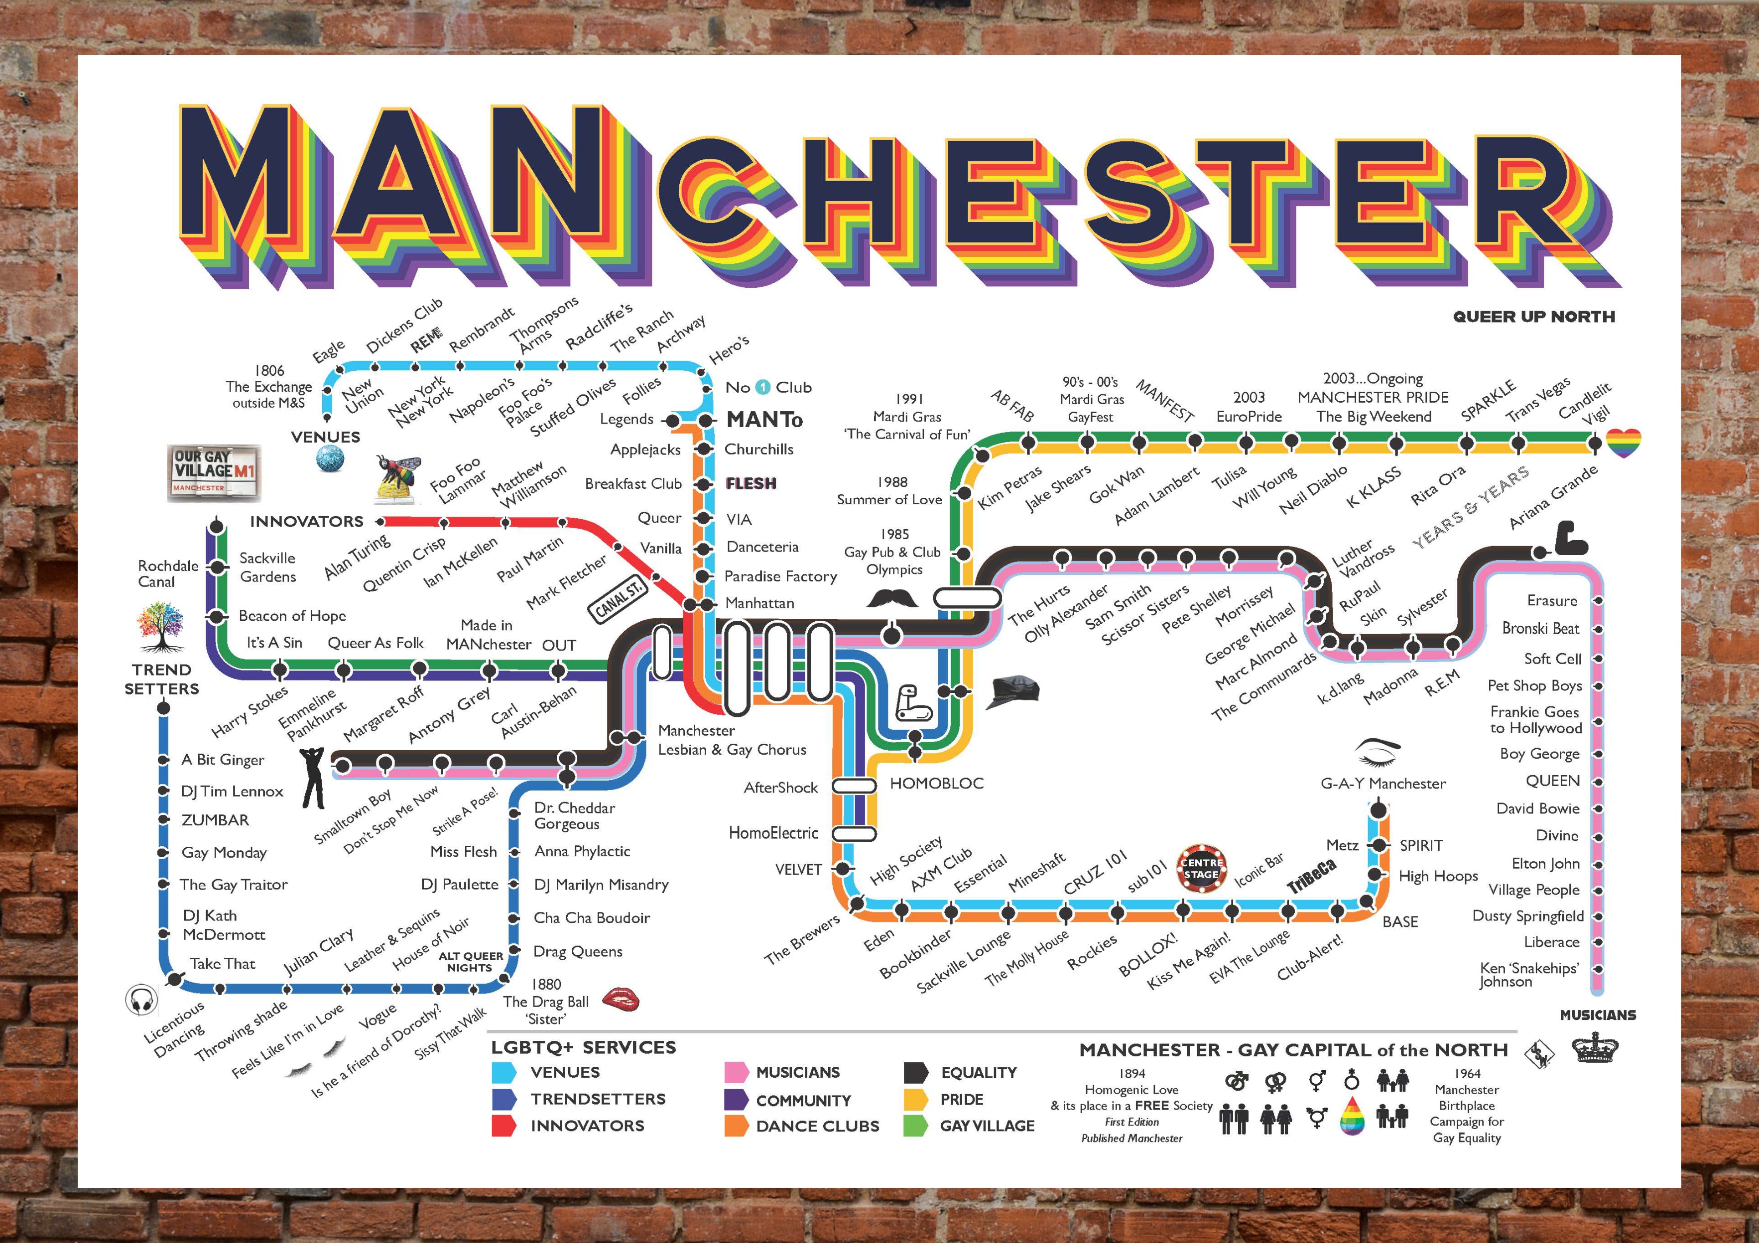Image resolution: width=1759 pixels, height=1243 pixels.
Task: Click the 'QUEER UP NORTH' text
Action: (x=1534, y=316)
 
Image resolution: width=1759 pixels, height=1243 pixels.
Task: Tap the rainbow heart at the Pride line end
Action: (x=1623, y=443)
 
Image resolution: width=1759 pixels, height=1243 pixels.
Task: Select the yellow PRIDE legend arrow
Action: (x=915, y=1100)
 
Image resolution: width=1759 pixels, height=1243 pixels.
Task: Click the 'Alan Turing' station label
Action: (x=357, y=557)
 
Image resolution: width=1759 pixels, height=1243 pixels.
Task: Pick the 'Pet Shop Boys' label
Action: (x=1534, y=685)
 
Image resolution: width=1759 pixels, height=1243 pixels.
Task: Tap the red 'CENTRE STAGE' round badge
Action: (x=1201, y=869)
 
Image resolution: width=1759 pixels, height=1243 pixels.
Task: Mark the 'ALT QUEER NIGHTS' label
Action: (x=471, y=962)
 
